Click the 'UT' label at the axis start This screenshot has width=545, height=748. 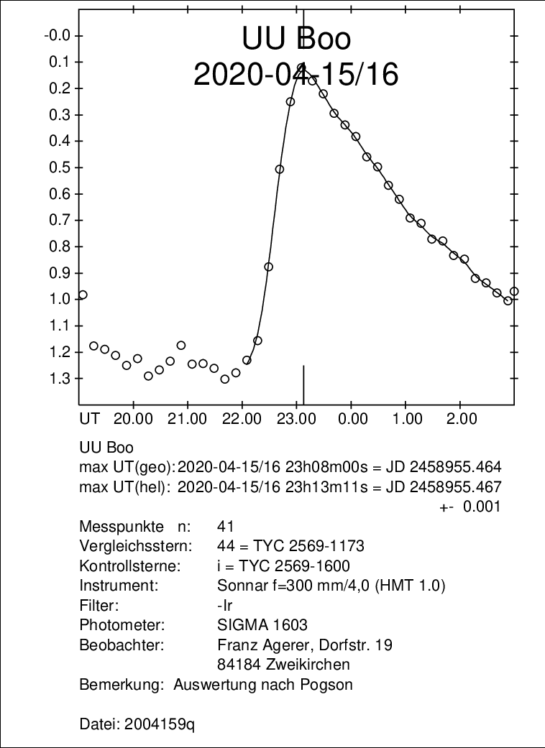(89, 417)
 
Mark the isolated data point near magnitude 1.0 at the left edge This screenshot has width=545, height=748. (83, 295)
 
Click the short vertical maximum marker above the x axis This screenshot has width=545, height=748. (303, 384)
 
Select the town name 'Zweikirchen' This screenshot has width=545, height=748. (304, 664)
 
